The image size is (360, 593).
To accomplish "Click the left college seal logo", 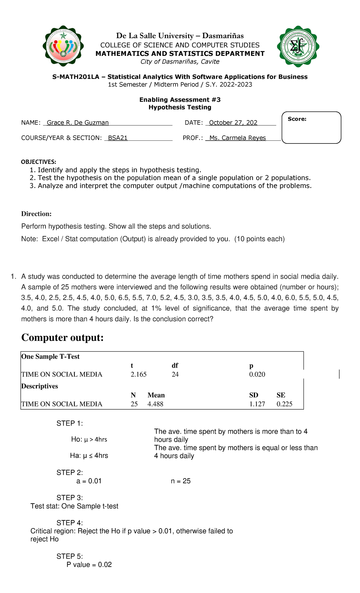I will [63, 46].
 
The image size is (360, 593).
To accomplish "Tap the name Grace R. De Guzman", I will [78, 122].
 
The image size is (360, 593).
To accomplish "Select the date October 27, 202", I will [233, 122].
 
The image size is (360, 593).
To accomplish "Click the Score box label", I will [297, 119].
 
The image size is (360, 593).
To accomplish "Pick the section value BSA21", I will [118, 138].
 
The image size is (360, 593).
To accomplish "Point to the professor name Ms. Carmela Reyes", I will [238, 138].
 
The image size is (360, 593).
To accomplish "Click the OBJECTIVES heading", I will [38, 162].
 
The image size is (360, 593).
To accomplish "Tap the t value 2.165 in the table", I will [139, 374].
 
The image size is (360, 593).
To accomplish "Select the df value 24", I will [175, 374].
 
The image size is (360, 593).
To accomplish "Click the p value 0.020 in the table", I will [257, 374].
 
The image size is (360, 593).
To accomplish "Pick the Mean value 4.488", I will [155, 404].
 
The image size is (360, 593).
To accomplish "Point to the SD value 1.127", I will [257, 404].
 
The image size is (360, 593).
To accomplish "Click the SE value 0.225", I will [284, 404].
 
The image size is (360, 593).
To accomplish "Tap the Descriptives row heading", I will [40, 386].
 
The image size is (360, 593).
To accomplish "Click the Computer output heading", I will [62, 338].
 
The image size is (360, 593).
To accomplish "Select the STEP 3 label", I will [70, 498].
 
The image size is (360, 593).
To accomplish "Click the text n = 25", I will [181, 481].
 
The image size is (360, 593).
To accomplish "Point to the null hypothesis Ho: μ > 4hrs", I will [89, 439].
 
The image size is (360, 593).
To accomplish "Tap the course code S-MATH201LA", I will [76, 77].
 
